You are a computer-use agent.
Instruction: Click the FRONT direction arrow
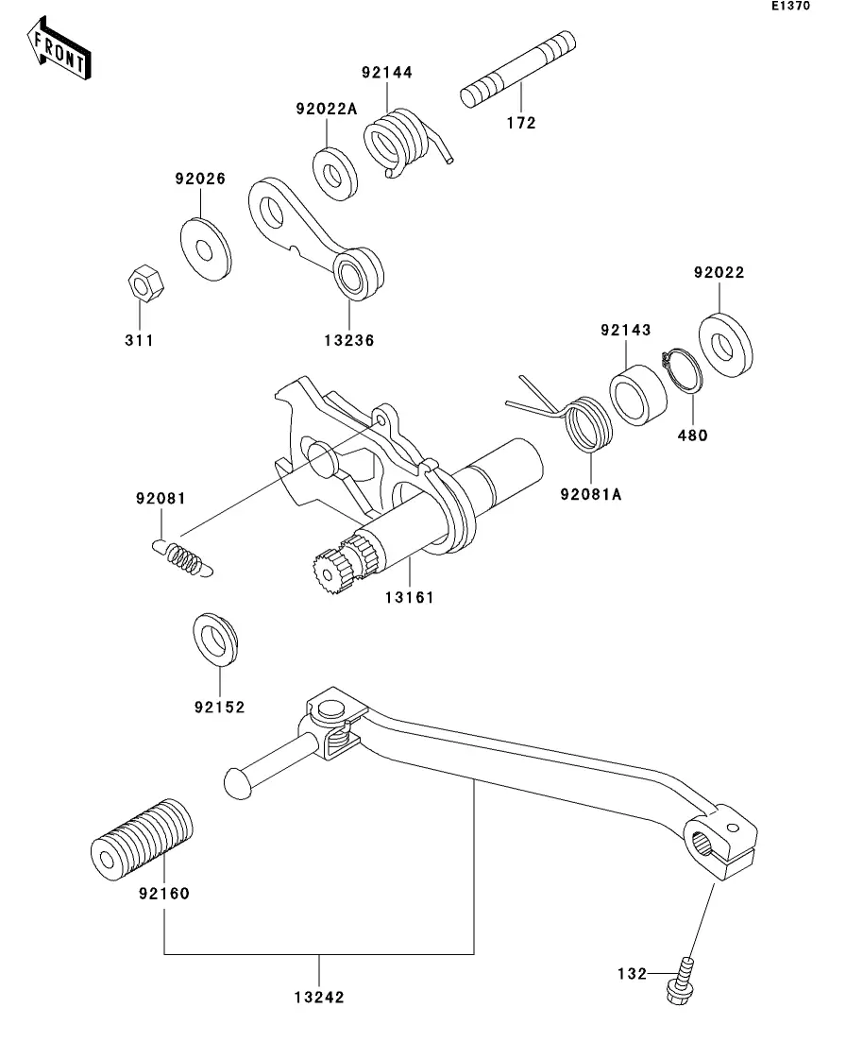[x=59, y=49]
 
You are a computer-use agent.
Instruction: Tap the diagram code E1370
[x=790, y=6]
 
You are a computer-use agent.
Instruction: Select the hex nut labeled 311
[x=145, y=283]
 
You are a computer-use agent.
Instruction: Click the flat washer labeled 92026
[x=206, y=249]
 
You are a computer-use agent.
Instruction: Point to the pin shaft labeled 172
[x=517, y=68]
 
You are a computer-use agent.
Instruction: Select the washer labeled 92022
[x=726, y=346]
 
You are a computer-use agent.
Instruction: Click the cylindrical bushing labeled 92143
[x=638, y=395]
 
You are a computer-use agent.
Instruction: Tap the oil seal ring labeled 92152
[x=215, y=641]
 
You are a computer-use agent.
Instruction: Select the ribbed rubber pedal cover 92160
[x=142, y=839]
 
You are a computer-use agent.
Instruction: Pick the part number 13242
[x=319, y=997]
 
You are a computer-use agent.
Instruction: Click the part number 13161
[x=409, y=597]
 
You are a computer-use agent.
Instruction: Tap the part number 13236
[x=349, y=340]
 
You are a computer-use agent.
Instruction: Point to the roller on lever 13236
[x=358, y=273]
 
